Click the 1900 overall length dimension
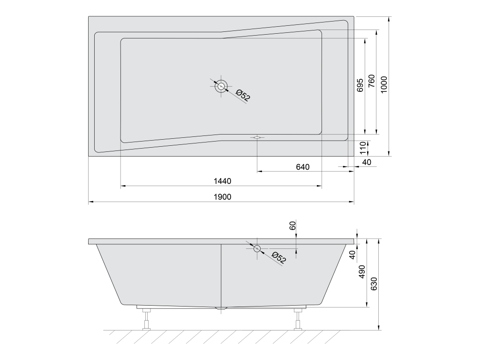point(222,197)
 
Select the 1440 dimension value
point(222,181)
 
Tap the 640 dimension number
point(303,167)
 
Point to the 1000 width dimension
point(384,84)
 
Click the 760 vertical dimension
point(371,81)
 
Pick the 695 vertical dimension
point(360,85)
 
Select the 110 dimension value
point(363,148)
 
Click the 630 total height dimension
point(374,284)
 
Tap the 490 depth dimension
point(362,271)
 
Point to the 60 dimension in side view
point(293,225)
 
